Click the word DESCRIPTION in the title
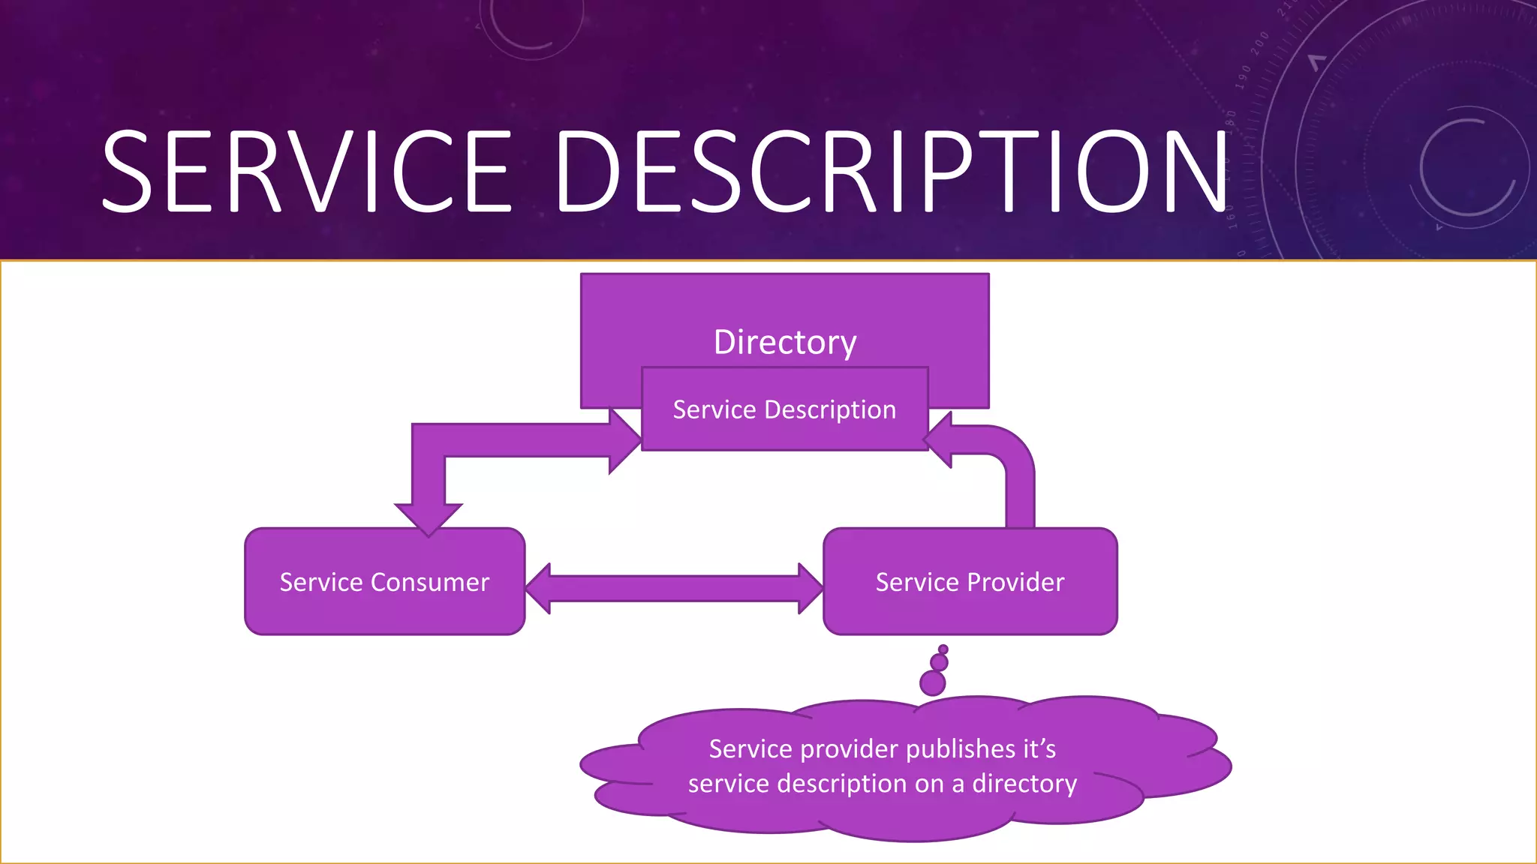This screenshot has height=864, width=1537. (892, 171)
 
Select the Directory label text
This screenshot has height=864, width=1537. (785, 342)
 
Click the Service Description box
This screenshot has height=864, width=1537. (785, 410)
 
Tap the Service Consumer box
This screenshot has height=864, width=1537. (384, 582)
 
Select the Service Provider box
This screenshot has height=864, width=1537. (970, 582)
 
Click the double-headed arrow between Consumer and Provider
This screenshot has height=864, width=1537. (674, 589)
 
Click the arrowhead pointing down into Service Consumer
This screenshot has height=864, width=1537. (429, 519)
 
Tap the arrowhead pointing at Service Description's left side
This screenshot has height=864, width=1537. (624, 441)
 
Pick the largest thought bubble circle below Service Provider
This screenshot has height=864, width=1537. (932, 683)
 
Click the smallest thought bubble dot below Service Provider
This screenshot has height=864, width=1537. (943, 649)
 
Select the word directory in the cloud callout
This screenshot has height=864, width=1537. (1024, 784)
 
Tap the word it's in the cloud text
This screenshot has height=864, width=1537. (1039, 748)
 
